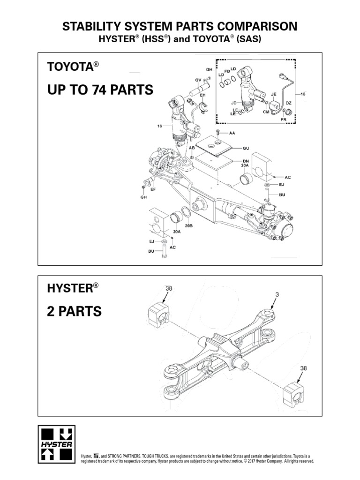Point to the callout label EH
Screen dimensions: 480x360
click(x=203, y=95)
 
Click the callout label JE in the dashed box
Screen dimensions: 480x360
click(x=274, y=94)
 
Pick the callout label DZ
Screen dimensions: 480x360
click(x=289, y=103)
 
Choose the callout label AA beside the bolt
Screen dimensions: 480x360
click(x=232, y=133)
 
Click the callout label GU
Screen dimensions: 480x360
click(x=245, y=148)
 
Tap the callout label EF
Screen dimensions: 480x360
click(x=152, y=189)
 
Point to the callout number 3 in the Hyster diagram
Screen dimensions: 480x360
click(x=277, y=294)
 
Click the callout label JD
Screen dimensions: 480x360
click(x=233, y=102)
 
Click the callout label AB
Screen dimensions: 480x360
click(x=191, y=147)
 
